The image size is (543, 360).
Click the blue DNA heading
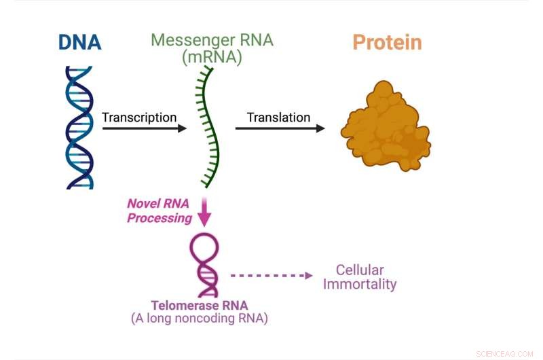pos(79,42)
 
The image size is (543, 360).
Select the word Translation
pos(278,118)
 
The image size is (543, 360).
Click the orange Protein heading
pos(387,42)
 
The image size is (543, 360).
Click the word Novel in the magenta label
pos(141,204)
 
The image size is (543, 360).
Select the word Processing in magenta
pos(159,218)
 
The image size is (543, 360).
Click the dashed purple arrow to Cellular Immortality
pos(271,276)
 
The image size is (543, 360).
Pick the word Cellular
pos(360,270)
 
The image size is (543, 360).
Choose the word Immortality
pos(360,285)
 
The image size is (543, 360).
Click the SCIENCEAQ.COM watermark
pos(506,353)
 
